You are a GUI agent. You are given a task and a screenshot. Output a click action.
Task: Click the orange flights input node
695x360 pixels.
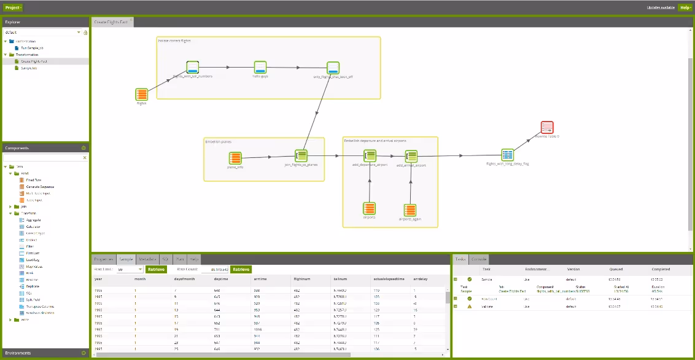(141, 94)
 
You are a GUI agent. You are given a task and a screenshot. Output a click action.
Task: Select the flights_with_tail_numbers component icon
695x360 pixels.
(193, 67)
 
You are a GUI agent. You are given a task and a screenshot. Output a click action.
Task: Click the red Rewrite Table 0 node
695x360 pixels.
(547, 127)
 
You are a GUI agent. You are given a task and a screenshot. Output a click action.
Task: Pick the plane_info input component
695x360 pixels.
(235, 157)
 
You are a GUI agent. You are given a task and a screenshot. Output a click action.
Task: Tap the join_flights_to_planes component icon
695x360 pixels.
(301, 156)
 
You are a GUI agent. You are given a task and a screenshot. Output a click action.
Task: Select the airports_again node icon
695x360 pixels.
(411, 210)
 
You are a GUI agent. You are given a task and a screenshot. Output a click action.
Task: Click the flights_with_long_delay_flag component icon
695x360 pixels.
(507, 155)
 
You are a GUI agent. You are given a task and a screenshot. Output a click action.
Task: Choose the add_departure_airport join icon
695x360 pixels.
(370, 156)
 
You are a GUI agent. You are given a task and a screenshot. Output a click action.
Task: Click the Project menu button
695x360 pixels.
(14, 7)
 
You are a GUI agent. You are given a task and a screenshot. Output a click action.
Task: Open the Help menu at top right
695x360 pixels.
(685, 7)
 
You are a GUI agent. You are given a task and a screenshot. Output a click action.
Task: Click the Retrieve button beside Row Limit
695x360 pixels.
(157, 269)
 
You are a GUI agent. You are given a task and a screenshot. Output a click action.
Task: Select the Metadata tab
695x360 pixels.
(147, 259)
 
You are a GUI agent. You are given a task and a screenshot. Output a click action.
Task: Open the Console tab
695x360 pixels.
(480, 259)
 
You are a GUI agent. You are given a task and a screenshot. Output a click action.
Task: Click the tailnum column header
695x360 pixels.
(340, 279)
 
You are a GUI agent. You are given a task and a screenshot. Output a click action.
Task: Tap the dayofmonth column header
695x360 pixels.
(176, 279)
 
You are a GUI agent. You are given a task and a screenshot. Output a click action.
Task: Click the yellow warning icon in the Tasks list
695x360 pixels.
(470, 305)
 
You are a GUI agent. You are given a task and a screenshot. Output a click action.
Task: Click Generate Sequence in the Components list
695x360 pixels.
(39, 187)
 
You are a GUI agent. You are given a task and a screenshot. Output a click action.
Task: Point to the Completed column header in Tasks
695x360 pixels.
(661, 269)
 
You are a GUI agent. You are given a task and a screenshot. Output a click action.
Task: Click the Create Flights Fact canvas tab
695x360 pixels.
(111, 22)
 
